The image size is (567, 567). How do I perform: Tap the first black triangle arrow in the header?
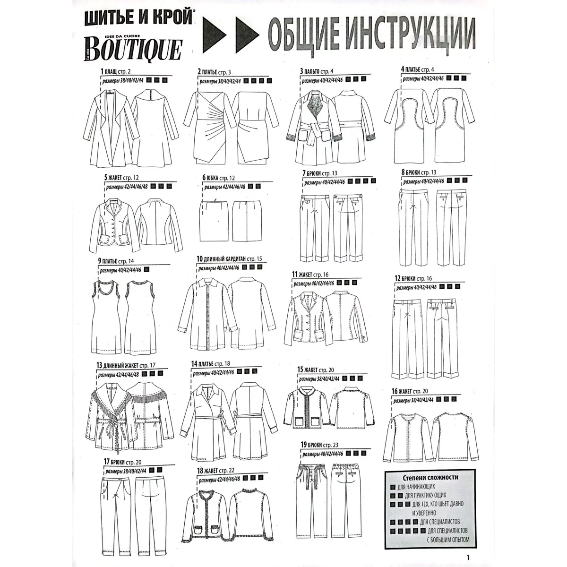[x=215, y=35]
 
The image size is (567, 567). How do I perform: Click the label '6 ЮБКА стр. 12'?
[x=218, y=178]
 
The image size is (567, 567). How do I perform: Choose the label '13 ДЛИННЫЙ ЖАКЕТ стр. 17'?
[x=126, y=365]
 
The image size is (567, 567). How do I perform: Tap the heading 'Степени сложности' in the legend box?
[x=430, y=477]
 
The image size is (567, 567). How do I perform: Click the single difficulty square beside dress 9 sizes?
[x=146, y=269]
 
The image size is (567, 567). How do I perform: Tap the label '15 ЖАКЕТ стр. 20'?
[x=316, y=369]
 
